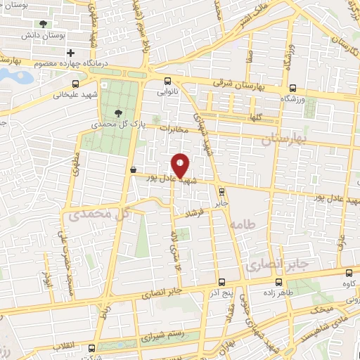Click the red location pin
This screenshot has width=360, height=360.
tap(181, 165)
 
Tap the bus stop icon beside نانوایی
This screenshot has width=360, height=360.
tap(167, 81)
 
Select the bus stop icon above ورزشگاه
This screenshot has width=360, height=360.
tap(292, 89)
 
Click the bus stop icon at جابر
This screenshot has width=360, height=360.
tap(221, 191)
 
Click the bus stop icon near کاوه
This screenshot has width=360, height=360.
tap(349, 273)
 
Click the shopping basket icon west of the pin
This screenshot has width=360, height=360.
tap(133, 169)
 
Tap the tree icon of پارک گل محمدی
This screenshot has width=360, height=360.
tap(117, 112)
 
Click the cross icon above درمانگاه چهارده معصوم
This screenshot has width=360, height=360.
tap(70, 53)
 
